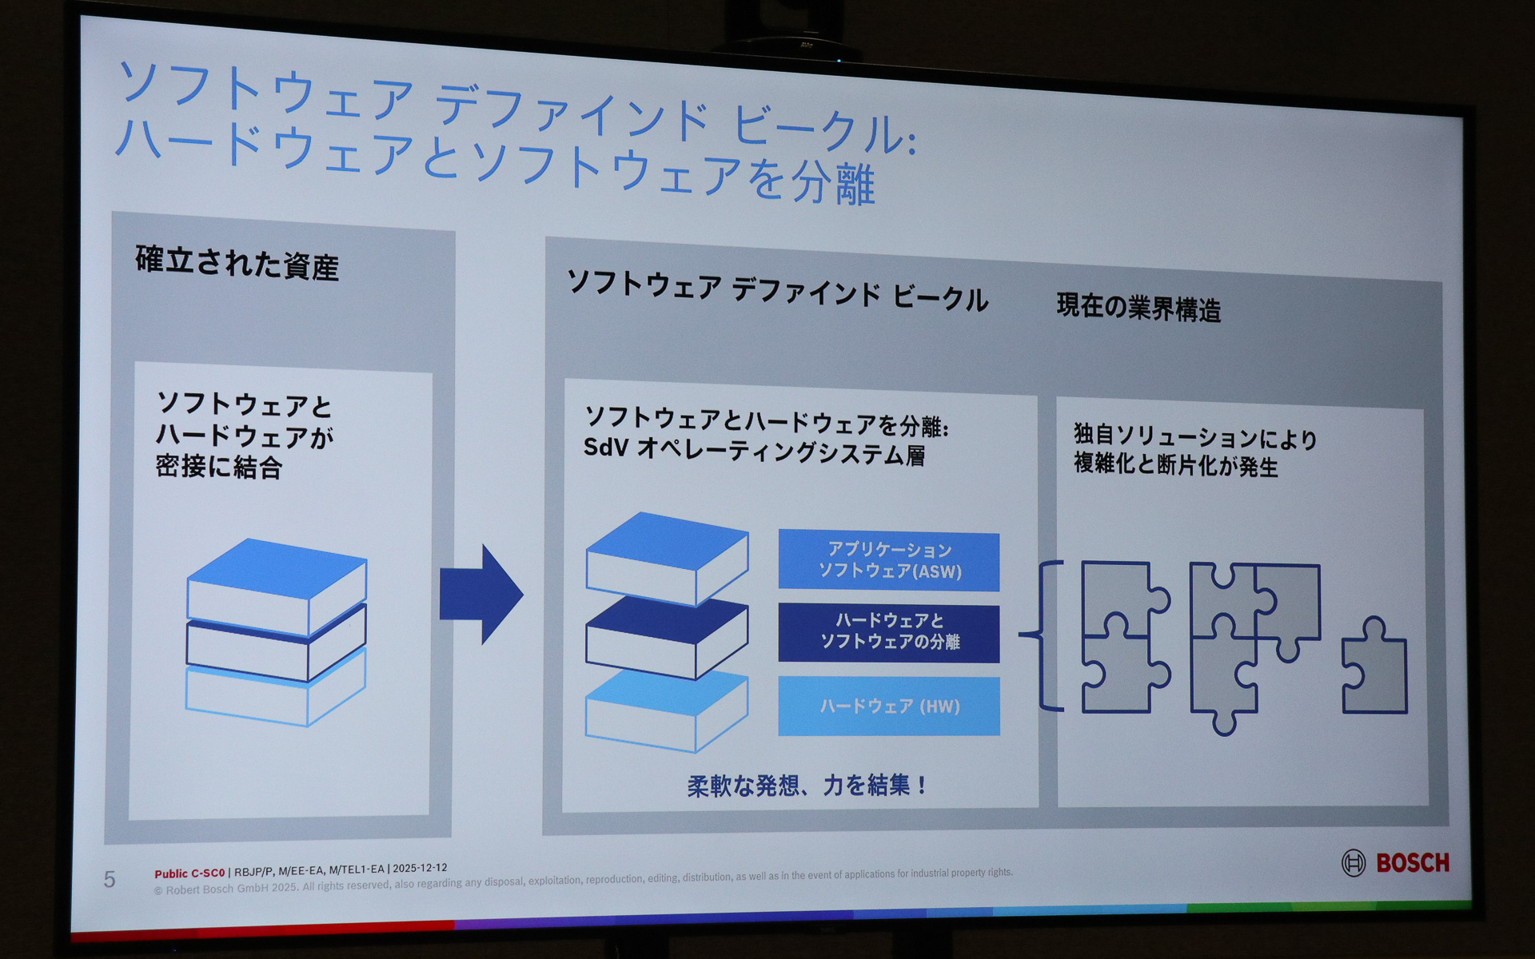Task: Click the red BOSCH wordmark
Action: pos(1412,863)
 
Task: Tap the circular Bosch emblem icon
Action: pos(1353,863)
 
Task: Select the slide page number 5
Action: pos(110,879)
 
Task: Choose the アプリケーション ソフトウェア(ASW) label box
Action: pos(889,561)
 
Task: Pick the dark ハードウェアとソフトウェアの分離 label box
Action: pos(889,632)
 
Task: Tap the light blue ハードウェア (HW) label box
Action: pos(889,706)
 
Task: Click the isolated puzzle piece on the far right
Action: pos(1374,667)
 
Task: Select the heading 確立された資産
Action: pos(237,263)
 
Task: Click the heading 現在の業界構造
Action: pos(1138,308)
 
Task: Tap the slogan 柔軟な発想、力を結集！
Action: pos(807,786)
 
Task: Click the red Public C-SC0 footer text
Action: pos(189,873)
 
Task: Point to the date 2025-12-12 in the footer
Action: pos(420,868)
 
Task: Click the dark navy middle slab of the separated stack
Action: pos(667,636)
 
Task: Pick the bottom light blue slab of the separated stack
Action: pos(667,710)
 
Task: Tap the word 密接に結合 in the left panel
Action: pos(218,467)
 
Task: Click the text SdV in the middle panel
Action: pos(605,448)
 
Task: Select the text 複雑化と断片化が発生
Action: pos(1175,465)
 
